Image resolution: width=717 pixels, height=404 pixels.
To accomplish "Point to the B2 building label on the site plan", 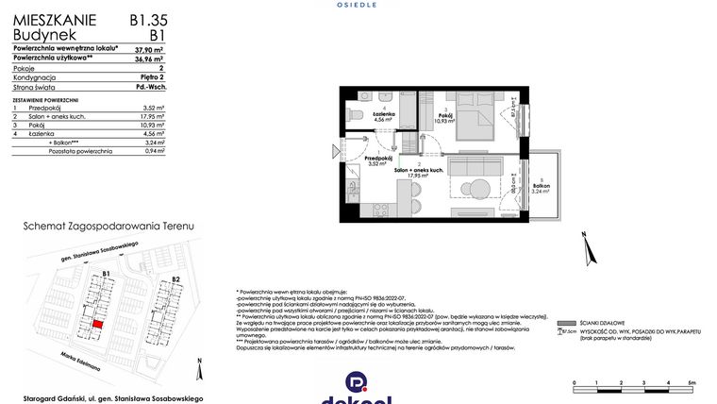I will (175, 279).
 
